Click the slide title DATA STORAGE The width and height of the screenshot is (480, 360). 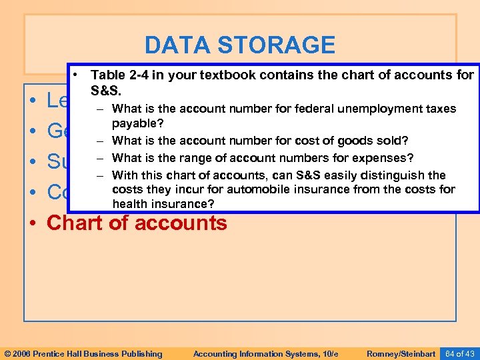(239, 45)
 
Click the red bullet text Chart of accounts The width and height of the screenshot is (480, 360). (137, 223)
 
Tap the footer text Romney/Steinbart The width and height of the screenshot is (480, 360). (401, 353)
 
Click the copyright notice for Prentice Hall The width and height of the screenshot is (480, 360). (83, 353)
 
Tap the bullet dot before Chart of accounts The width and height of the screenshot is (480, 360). (32, 223)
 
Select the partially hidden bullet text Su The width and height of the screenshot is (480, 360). (59, 162)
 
